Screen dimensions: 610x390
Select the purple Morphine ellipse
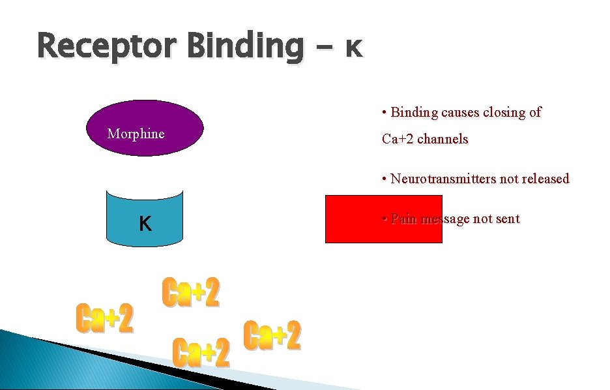[145, 128]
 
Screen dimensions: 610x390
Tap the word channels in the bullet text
[443, 139]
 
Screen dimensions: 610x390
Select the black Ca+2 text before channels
[398, 139]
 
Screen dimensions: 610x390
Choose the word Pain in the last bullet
[404, 219]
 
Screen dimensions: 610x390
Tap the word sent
[508, 219]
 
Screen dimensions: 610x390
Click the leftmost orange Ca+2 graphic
[105, 318]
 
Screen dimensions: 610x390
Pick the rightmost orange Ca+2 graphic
[272, 337]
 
